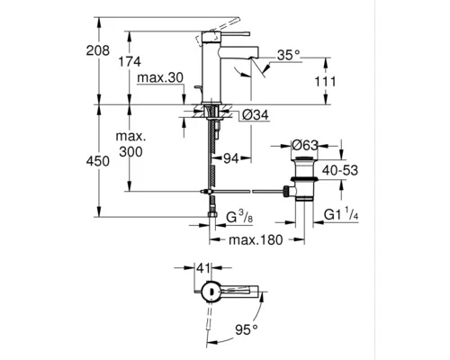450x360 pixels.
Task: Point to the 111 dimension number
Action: coord(327,83)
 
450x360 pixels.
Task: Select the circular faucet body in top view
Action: coord(209,289)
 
